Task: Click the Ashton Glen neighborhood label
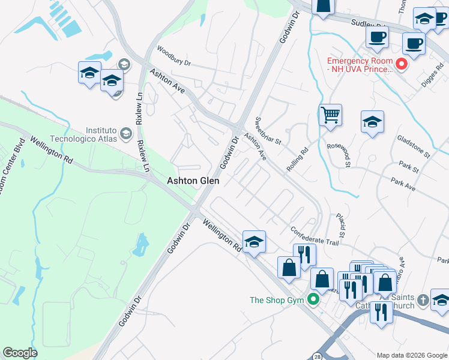click(193, 180)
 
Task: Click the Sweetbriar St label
click(268, 131)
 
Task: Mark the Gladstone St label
click(414, 146)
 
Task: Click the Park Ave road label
click(403, 184)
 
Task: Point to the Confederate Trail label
click(315, 235)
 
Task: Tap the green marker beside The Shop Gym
click(313, 299)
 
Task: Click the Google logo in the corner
click(20, 353)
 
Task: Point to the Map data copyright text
click(412, 355)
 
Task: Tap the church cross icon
click(423, 299)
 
